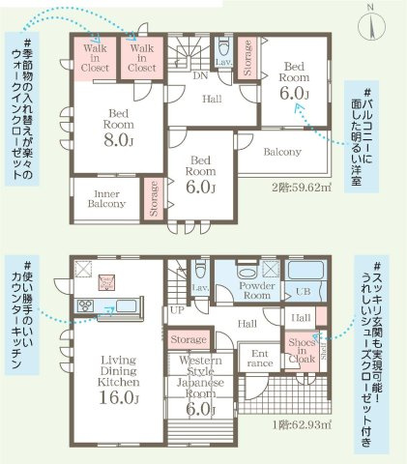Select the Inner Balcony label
pyautogui.click(x=106, y=198)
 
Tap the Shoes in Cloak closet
pyautogui.click(x=300, y=351)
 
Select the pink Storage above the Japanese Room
pyautogui.click(x=189, y=339)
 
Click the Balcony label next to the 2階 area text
pyautogui.click(x=283, y=152)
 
